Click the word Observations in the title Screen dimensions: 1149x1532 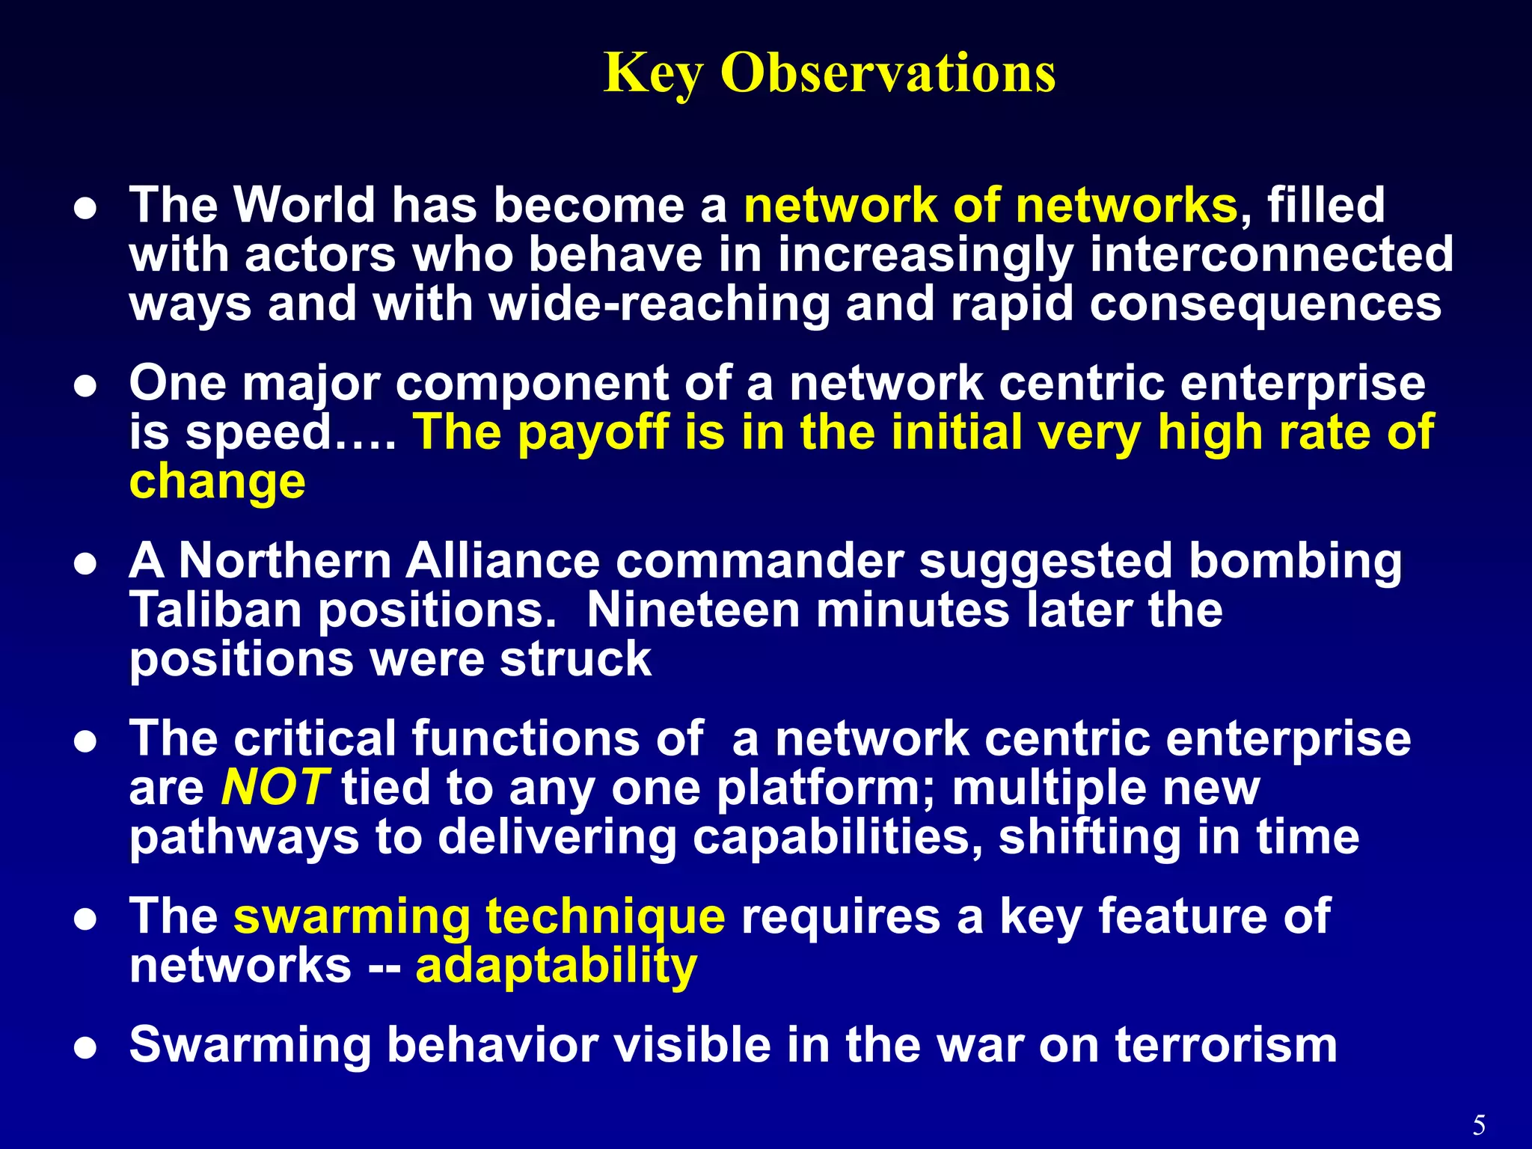[888, 73]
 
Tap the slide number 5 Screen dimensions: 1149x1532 [1479, 1124]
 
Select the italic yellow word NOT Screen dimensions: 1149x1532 [274, 787]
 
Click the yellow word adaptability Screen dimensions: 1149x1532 [556, 966]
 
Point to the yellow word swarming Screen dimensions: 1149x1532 [352, 917]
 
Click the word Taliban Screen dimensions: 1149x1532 [215, 610]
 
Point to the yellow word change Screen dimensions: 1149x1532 [217, 481]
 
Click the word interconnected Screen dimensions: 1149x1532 [1271, 254]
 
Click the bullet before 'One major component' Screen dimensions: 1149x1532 [86, 387]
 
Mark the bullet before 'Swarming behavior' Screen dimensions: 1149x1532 [86, 1048]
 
